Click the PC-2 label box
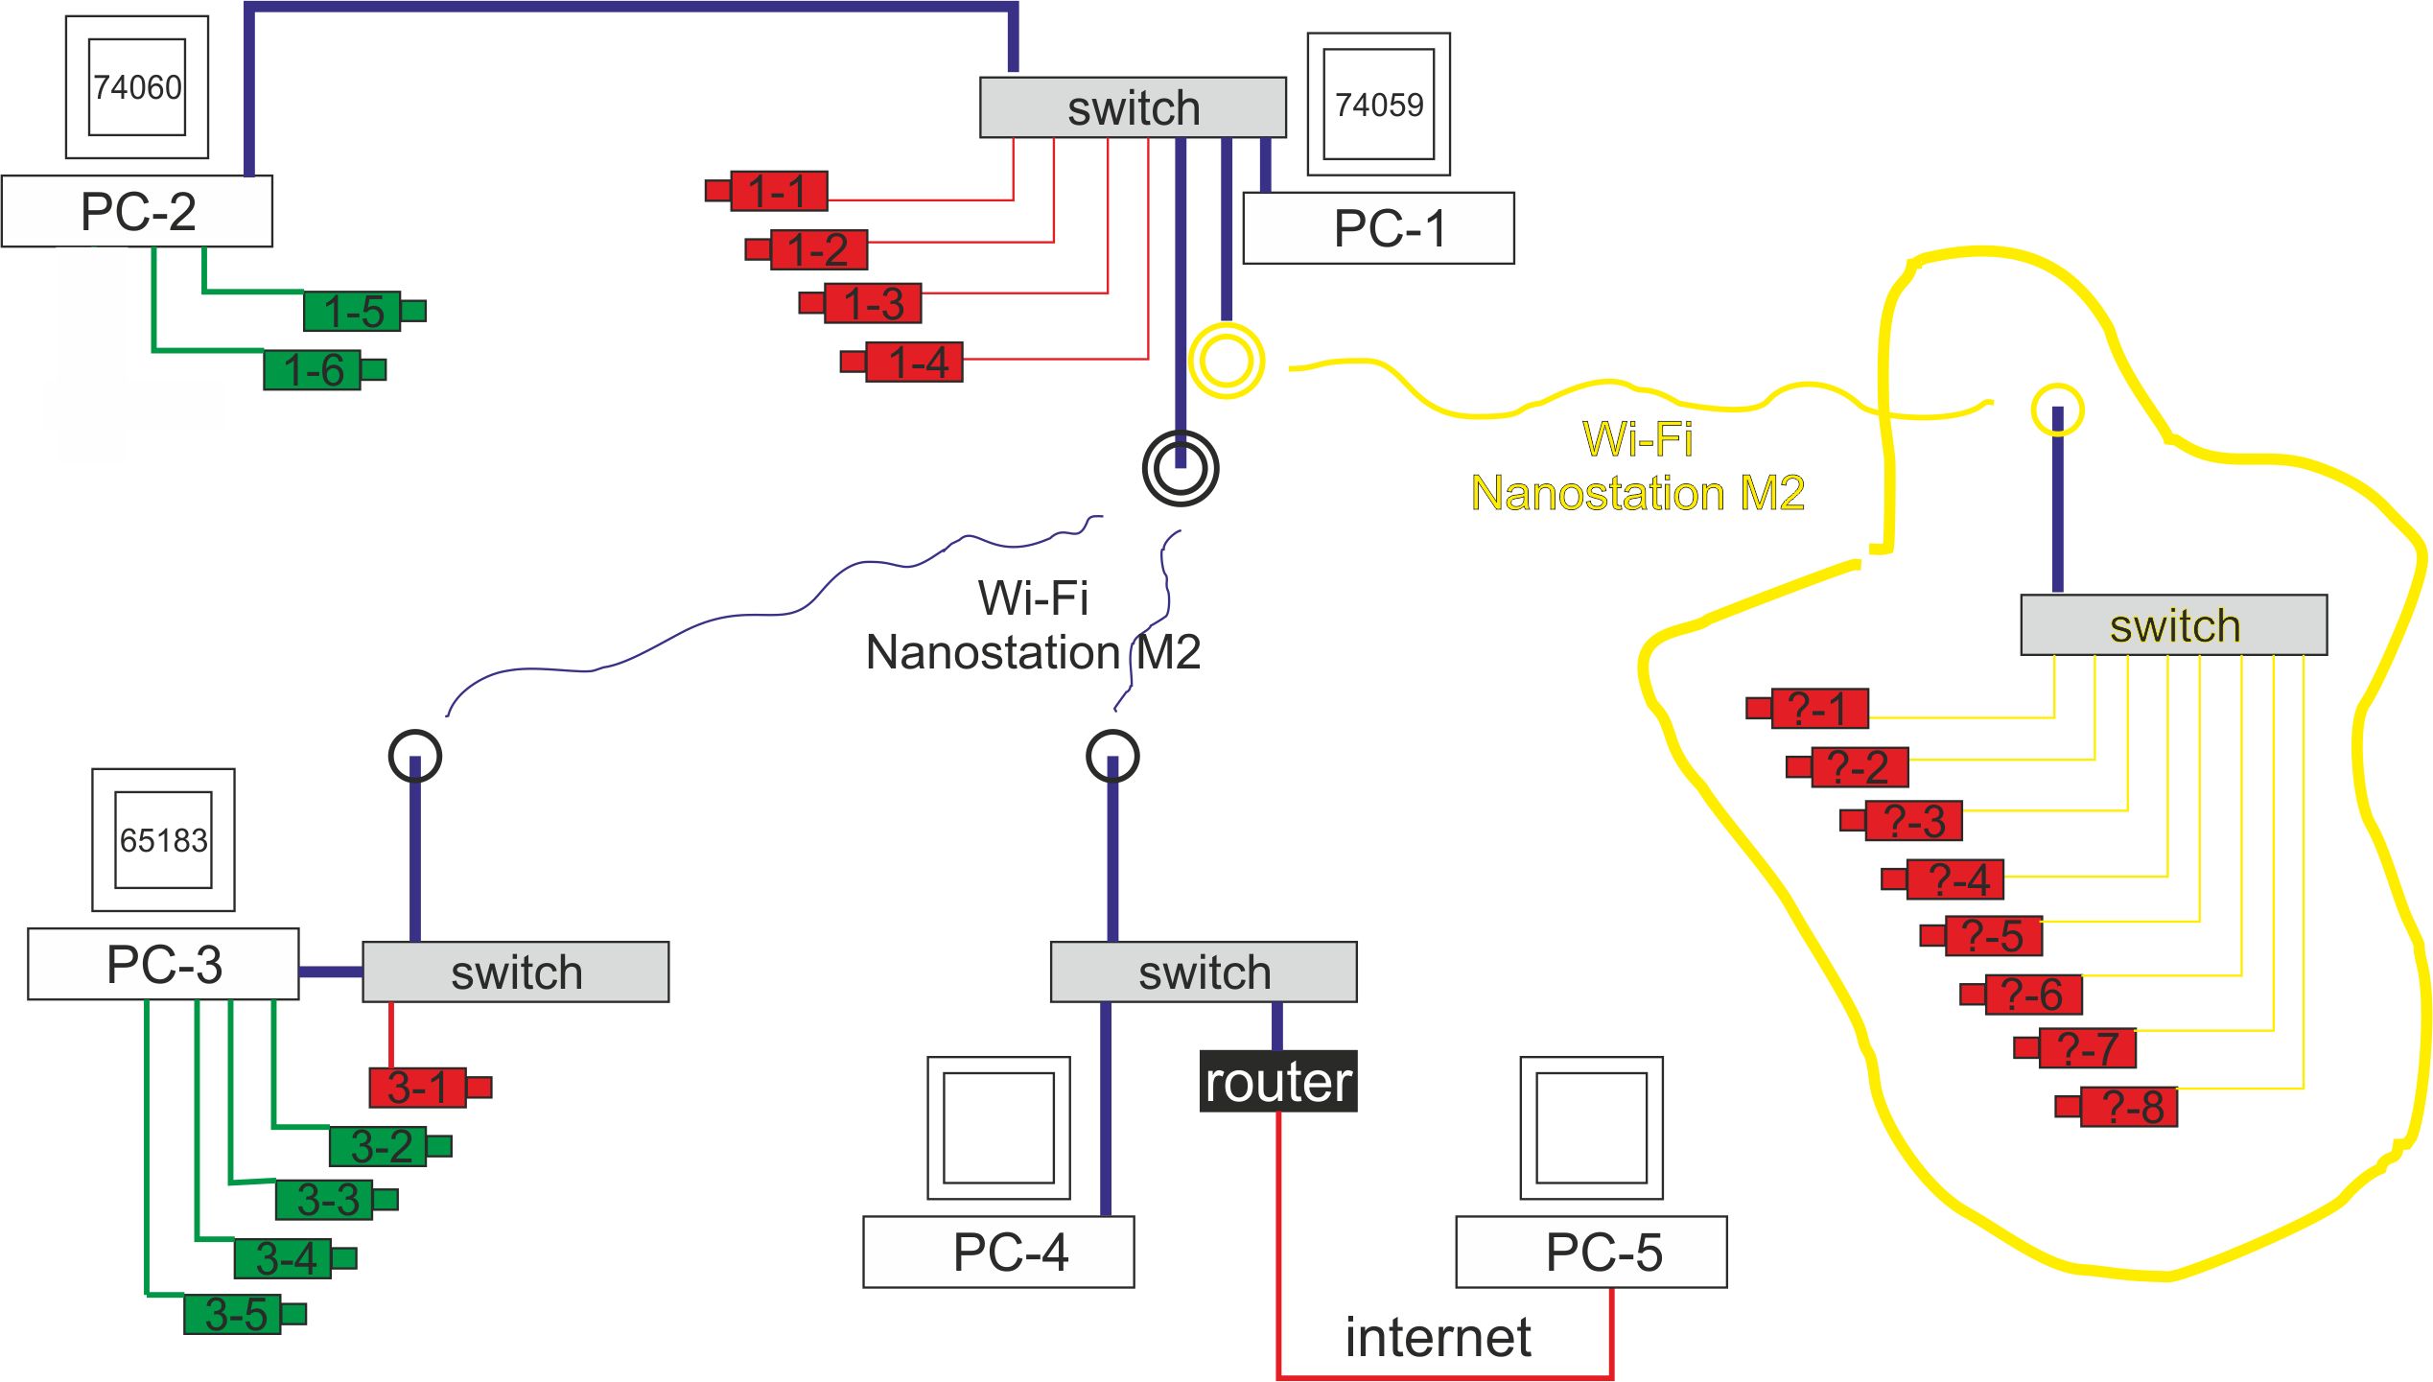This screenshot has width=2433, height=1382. (137, 211)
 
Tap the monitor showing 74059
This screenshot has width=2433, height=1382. (1378, 104)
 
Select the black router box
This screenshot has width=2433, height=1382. (1277, 1081)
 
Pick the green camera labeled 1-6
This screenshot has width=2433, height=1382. (313, 370)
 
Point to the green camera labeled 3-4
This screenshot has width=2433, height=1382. (284, 1258)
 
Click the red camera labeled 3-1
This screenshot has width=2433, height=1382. (419, 1088)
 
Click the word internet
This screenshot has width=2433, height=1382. (1437, 1337)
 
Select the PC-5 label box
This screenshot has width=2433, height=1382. (1591, 1252)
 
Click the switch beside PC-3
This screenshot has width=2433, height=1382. (515, 972)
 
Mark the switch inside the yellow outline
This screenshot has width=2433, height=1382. (2173, 625)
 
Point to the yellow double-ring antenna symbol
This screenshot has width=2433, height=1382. (1226, 362)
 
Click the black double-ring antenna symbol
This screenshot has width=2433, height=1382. (1180, 469)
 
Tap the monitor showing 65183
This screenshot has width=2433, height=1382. (163, 840)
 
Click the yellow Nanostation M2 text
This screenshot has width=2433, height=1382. (1637, 493)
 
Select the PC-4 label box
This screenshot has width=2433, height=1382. (998, 1252)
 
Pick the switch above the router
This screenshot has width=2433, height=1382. (1204, 972)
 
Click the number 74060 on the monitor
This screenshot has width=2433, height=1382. (137, 87)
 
